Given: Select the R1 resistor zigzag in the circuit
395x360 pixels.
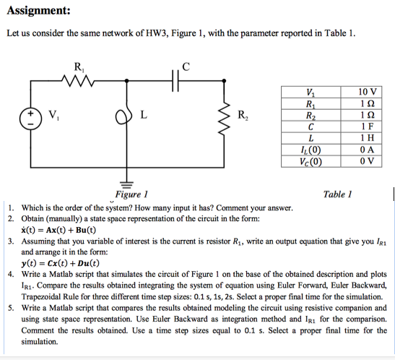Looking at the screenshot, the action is pyautogui.click(x=77, y=80).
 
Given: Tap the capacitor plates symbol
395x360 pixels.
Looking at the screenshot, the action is pyautogui.click(x=175, y=81).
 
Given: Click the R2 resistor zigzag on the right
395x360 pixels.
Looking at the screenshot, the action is pyautogui.click(x=225, y=119).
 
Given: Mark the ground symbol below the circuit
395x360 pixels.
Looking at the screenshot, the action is pyautogui.click(x=126, y=184).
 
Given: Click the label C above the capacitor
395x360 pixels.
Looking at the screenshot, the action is pyautogui.click(x=186, y=67).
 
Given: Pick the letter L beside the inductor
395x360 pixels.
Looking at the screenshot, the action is pyautogui.click(x=144, y=115).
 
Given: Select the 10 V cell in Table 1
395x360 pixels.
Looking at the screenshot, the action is pyautogui.click(x=368, y=92).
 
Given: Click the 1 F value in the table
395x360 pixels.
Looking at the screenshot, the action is pyautogui.click(x=368, y=126).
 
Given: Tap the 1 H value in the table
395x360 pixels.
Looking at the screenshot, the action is pyautogui.click(x=368, y=137).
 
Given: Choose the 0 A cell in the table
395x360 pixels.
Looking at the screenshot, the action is pyautogui.click(x=368, y=150).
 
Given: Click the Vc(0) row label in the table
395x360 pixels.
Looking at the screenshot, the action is pyautogui.click(x=311, y=162).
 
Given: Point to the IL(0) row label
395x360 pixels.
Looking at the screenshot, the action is pyautogui.click(x=311, y=150).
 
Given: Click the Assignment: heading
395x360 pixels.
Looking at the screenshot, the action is pyautogui.click(x=38, y=11).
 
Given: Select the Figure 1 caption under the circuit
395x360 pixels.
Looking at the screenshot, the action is pyautogui.click(x=131, y=194).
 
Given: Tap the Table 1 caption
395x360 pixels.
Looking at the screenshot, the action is pyautogui.click(x=337, y=194).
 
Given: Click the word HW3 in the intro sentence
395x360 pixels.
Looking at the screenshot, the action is pyautogui.click(x=156, y=33).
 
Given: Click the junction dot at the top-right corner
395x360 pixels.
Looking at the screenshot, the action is pyautogui.click(x=224, y=81).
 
